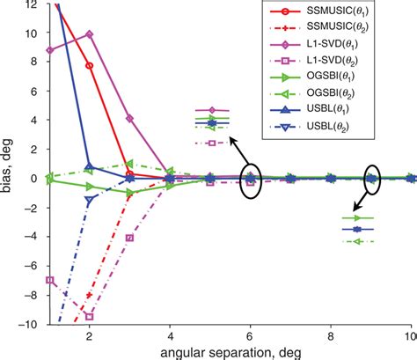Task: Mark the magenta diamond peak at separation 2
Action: [89, 34]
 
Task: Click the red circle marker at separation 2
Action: [89, 66]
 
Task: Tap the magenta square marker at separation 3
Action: [129, 238]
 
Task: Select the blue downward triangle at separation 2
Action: [89, 200]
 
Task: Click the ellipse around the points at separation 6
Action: [251, 180]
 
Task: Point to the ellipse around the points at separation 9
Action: [372, 179]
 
